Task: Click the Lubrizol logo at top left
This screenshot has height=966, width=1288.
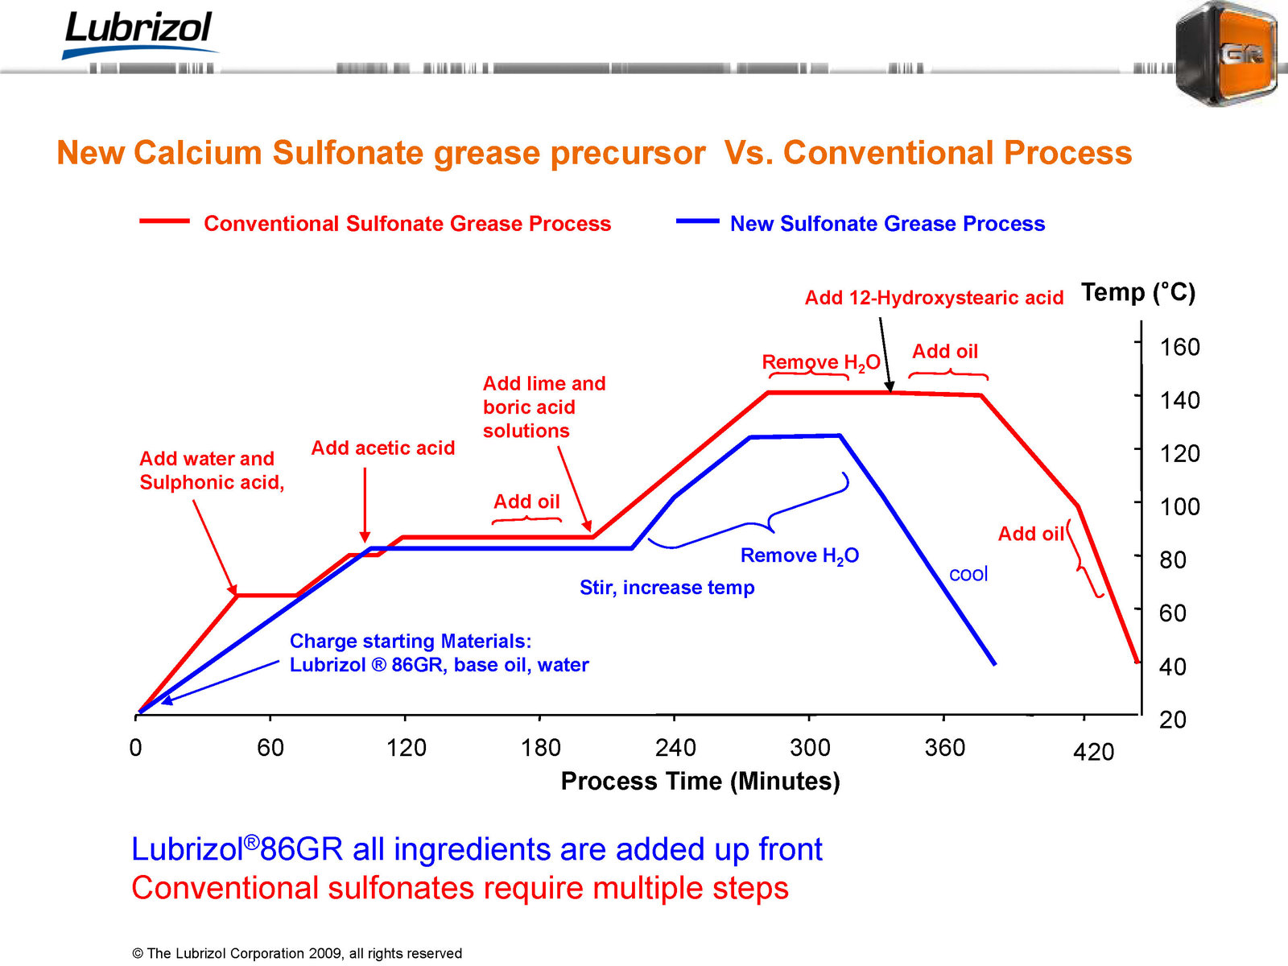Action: pos(139,34)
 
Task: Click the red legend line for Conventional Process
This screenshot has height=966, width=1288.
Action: pos(164,221)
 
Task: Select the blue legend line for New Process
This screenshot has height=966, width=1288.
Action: pos(697,221)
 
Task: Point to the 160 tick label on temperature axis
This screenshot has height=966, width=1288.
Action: pos(1179,347)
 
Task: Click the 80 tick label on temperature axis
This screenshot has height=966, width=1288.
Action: pos(1172,560)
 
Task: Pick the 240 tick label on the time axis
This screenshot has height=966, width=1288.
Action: pos(675,748)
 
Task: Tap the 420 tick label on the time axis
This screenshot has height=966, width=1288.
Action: pos(1093,752)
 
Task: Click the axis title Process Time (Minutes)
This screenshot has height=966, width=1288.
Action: pos(700,781)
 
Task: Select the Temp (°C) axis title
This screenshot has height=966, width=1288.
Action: pos(1137,292)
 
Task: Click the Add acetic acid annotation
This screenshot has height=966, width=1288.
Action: pos(382,448)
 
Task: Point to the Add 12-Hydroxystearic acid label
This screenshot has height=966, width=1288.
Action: pos(934,298)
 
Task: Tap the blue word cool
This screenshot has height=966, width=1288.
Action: pos(968,573)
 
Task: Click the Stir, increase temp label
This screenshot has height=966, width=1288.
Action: pos(667,587)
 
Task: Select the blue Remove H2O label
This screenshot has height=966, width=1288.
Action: pos(800,555)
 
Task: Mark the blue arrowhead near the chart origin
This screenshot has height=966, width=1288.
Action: pos(167,700)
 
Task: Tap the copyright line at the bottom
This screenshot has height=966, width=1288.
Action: pos(297,953)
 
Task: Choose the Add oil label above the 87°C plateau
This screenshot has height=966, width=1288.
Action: pos(526,502)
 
